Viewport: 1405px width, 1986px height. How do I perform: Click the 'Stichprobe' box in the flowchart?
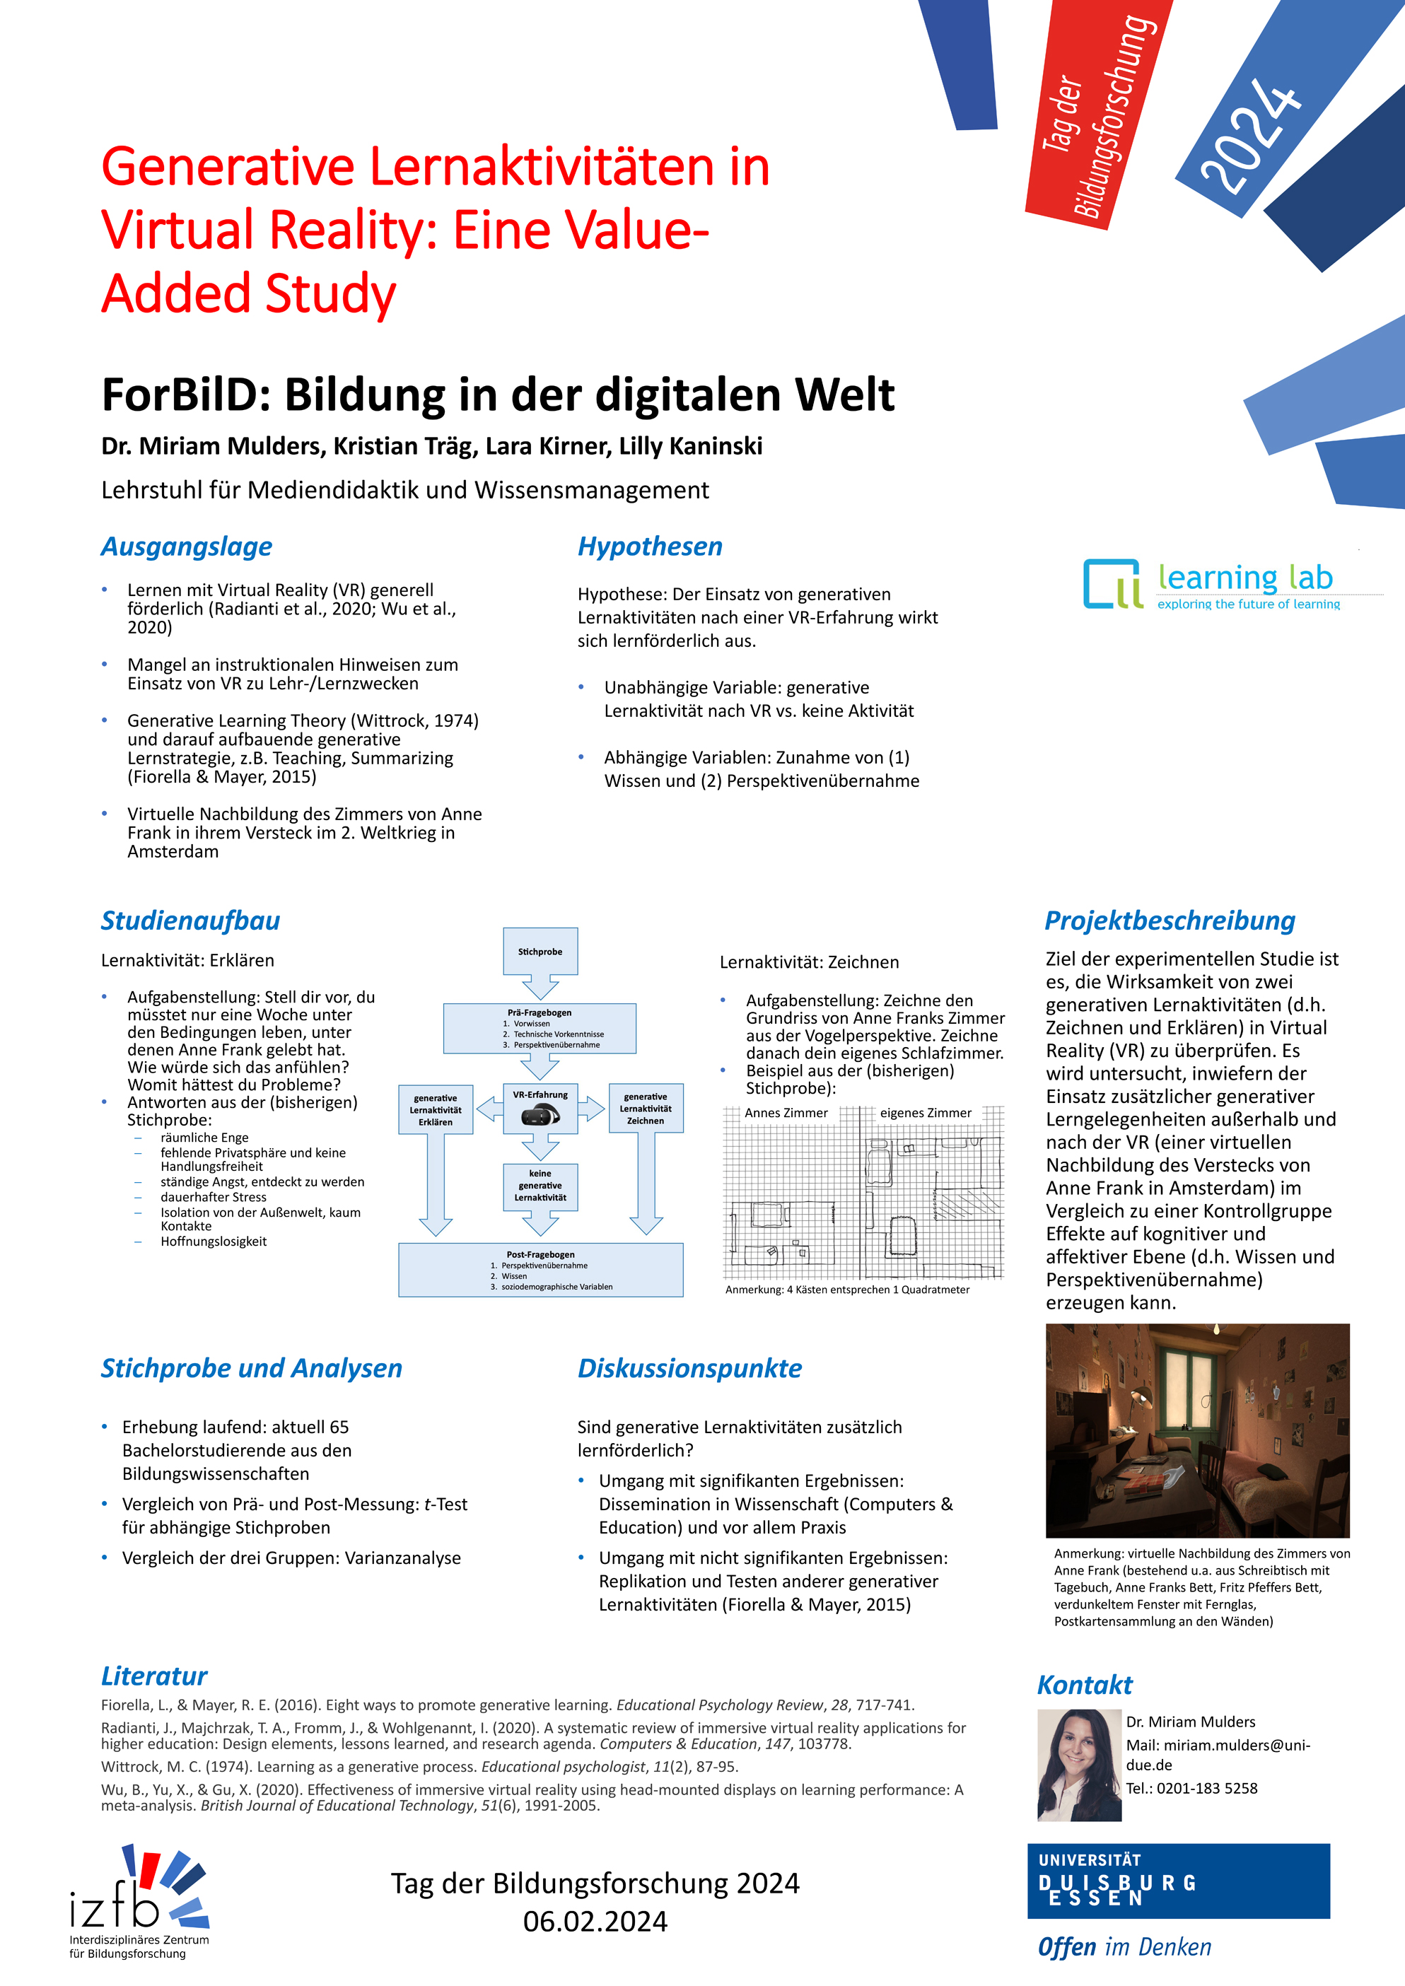(x=540, y=952)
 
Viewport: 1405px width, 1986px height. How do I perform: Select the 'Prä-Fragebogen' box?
(x=539, y=1027)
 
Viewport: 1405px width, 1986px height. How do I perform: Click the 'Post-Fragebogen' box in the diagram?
(x=540, y=1269)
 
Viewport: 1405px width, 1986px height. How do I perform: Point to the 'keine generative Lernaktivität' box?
(x=540, y=1185)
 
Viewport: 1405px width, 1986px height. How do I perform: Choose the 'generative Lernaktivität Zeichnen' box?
(x=646, y=1108)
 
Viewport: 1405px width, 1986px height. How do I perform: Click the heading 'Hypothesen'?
(x=650, y=547)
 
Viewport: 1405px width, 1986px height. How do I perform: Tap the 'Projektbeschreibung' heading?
(x=1170, y=921)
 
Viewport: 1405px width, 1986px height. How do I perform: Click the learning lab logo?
(x=1211, y=584)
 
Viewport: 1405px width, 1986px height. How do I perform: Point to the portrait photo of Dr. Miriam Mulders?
(x=1079, y=1765)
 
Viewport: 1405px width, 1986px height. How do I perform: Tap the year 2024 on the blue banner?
(x=1250, y=134)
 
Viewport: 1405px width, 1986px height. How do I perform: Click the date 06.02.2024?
(x=595, y=1921)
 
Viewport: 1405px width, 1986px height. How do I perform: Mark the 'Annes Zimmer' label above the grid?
(x=786, y=1114)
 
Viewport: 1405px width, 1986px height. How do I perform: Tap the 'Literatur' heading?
(x=154, y=1676)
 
